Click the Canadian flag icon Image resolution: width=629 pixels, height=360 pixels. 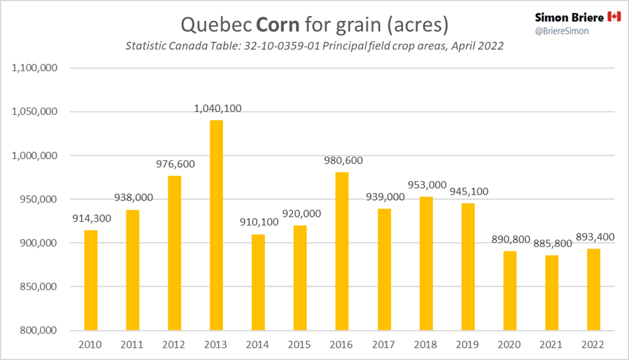pos(614,17)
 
